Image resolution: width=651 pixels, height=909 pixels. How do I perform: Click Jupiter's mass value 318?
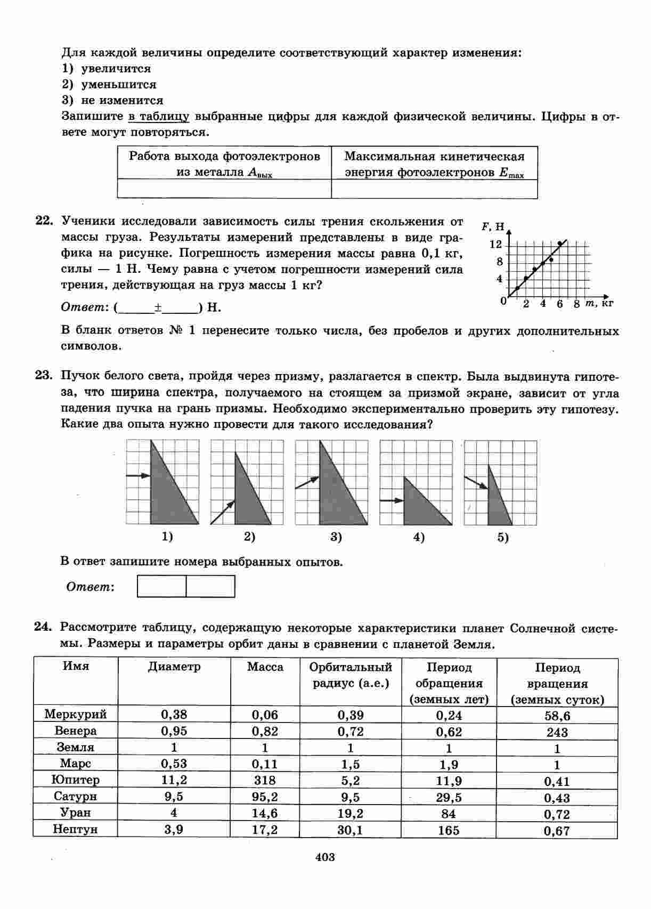tap(265, 781)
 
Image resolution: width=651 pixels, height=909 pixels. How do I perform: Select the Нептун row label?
tap(75, 829)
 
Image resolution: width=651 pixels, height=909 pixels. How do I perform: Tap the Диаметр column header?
tap(174, 667)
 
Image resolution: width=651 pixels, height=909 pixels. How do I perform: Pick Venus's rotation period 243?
tap(557, 732)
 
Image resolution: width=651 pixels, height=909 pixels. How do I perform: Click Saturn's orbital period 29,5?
tap(449, 797)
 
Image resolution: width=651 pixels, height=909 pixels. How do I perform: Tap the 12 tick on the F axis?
tap(495, 245)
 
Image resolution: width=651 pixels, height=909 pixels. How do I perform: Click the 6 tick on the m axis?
tap(559, 304)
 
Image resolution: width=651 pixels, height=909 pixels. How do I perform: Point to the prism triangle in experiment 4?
tap(421, 504)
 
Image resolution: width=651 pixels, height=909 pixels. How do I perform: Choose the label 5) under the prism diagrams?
tap(503, 538)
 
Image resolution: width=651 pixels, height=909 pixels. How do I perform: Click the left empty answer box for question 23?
tap(162, 586)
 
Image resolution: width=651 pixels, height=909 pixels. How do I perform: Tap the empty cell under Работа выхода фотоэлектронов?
tap(224, 189)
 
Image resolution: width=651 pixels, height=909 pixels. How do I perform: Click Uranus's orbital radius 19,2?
tap(350, 814)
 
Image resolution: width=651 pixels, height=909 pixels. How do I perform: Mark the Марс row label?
tap(75, 764)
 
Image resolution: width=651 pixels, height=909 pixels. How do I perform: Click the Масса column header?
tap(265, 667)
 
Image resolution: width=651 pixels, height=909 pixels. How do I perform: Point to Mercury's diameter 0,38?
tap(174, 715)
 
